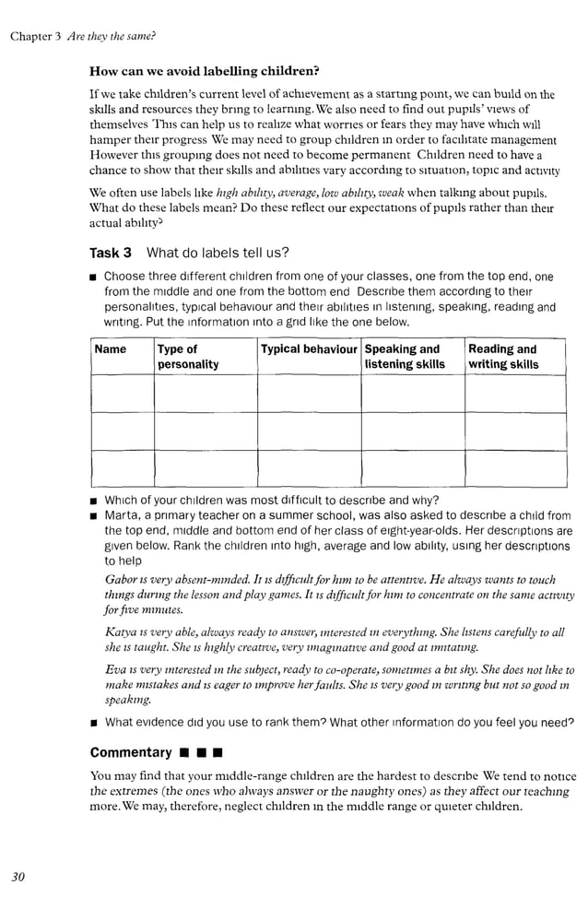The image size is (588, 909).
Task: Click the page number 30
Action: [18, 876]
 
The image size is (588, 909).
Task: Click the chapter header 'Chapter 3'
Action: [35, 36]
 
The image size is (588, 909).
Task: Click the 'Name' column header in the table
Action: [111, 349]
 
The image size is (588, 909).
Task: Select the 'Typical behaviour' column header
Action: [308, 349]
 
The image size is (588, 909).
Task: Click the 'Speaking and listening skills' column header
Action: [404, 357]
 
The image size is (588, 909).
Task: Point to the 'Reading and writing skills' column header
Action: [503, 357]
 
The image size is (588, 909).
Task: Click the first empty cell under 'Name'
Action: [122, 393]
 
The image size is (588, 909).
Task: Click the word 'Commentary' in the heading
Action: [131, 752]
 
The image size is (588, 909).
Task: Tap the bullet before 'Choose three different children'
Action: [94, 277]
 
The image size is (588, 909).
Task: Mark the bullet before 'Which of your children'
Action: [94, 502]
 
